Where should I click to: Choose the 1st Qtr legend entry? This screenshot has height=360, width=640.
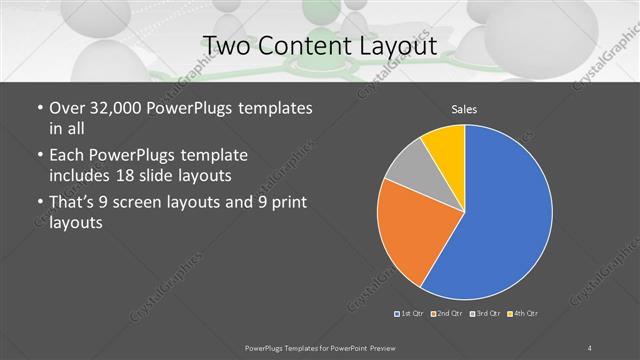coord(409,314)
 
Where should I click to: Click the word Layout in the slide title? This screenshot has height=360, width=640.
coord(400,45)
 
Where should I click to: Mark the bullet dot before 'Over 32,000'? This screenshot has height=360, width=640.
coord(38,108)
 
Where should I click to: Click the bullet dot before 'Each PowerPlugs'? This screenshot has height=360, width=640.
coord(38,157)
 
